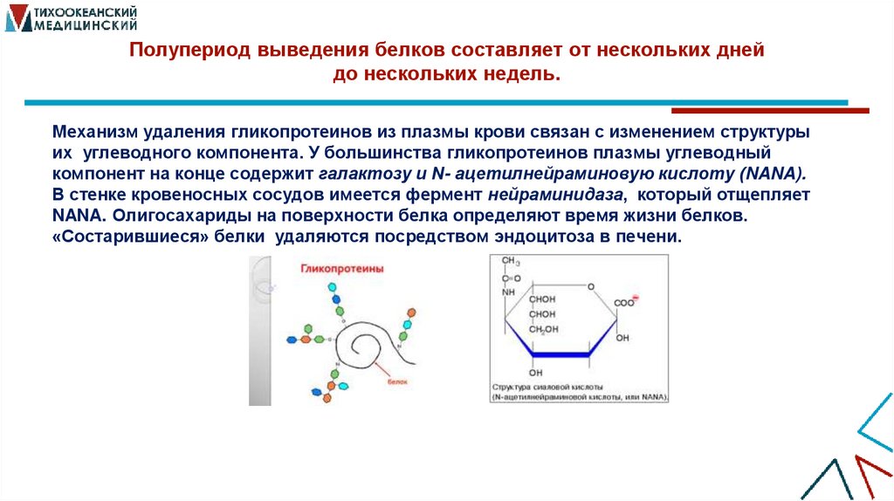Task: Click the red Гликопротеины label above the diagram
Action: click(342, 270)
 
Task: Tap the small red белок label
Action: click(398, 381)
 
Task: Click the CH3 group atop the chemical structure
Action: click(510, 262)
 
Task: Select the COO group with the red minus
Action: click(626, 302)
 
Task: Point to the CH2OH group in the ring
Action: click(541, 329)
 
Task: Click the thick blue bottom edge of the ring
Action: click(560, 353)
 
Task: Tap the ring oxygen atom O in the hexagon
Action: click(591, 285)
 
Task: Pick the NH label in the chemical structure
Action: click(509, 292)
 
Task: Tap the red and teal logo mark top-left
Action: click(16, 17)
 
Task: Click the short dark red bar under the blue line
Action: click(769, 111)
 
